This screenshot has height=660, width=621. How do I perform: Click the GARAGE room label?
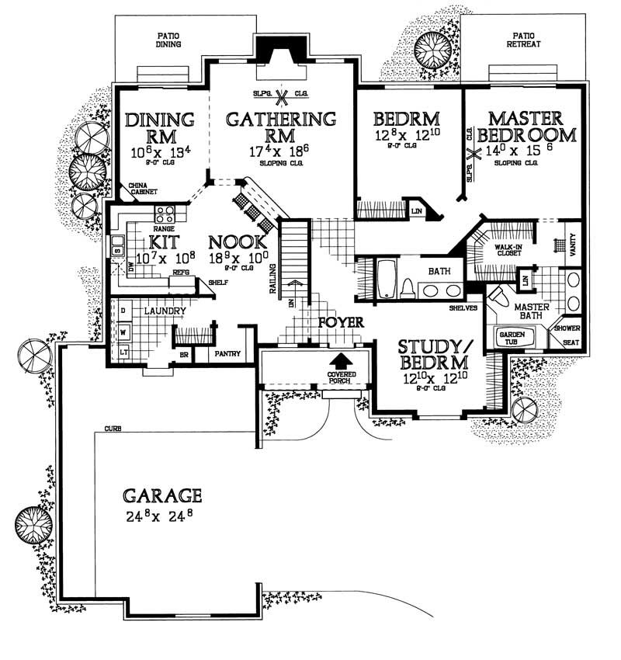tap(162, 495)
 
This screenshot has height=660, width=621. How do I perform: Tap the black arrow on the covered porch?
tap(339, 363)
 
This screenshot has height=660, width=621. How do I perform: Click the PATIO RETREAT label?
tap(526, 40)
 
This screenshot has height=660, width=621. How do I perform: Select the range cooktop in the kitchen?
tap(165, 214)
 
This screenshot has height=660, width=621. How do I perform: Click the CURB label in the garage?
tap(113, 429)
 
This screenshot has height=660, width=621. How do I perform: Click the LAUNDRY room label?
tap(164, 312)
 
